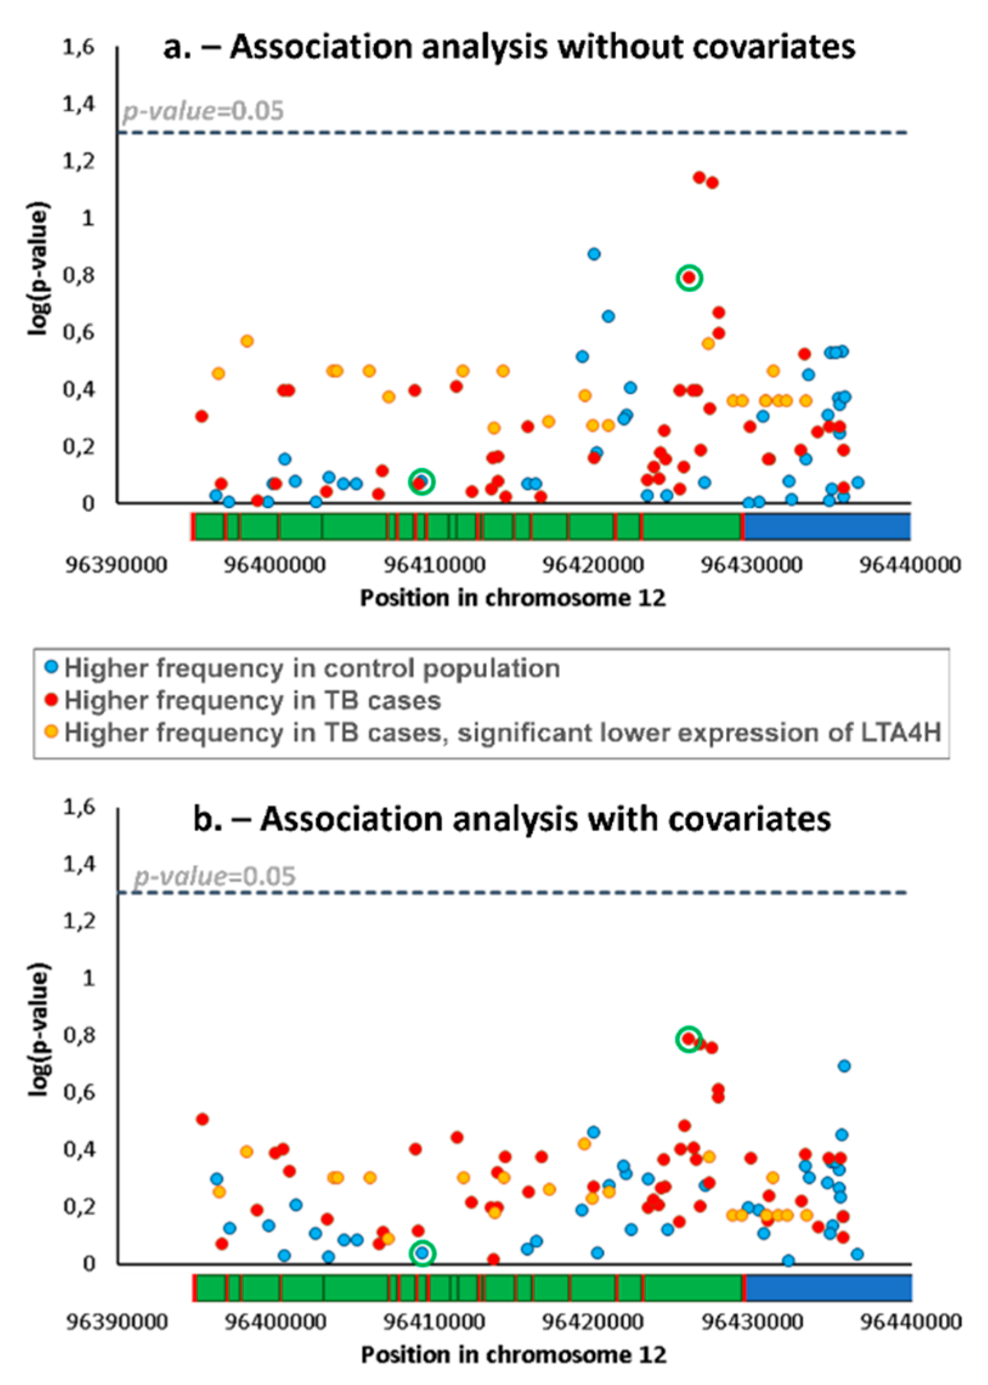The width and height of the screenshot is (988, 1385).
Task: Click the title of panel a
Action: [509, 47]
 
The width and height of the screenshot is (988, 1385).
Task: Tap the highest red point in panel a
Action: [699, 177]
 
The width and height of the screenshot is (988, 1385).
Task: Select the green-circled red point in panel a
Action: [689, 277]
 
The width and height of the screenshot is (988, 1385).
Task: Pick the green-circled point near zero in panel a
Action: [421, 482]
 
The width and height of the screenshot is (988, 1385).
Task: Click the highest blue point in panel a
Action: [594, 254]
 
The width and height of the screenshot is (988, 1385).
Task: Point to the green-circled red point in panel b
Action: [689, 1038]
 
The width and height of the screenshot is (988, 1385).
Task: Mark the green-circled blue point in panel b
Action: [422, 1253]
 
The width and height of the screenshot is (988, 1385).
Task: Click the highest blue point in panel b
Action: [844, 1066]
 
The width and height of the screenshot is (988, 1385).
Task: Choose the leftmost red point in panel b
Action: [203, 1119]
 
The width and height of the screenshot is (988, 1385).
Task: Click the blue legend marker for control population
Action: [52, 667]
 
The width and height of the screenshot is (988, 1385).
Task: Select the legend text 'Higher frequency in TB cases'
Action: [253, 700]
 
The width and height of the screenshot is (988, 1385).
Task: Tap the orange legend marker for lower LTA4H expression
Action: [52, 731]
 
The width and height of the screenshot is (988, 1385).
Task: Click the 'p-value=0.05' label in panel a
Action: [203, 111]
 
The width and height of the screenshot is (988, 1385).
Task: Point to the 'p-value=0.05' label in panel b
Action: [214, 876]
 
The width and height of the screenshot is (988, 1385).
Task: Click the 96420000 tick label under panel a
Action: [593, 565]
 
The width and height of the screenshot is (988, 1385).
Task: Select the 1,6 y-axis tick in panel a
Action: [79, 47]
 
